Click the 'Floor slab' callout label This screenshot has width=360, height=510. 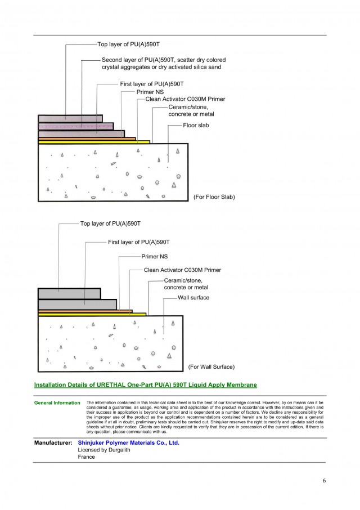[196, 125]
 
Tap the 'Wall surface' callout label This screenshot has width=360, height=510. [193, 297]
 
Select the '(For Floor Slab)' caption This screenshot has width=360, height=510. [214, 197]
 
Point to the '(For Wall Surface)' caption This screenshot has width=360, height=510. [211, 366]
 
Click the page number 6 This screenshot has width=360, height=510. [324, 480]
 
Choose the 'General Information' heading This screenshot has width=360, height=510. [57, 402]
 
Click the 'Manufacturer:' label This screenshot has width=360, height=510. [53, 442]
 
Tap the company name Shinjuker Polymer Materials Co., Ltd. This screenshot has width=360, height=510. [128, 442]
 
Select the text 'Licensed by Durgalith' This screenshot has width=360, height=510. [104, 450]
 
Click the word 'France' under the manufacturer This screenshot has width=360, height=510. [87, 457]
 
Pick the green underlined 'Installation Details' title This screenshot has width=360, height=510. [146, 385]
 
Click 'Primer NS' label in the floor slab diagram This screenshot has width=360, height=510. [150, 92]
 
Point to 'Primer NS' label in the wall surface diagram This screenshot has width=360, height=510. [154, 257]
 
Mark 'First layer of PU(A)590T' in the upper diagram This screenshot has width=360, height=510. [152, 84]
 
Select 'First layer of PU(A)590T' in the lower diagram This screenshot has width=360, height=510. [139, 242]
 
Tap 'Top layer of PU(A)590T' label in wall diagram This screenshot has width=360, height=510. [110, 223]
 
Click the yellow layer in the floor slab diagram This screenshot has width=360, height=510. [94, 142]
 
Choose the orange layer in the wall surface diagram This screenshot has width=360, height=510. [85, 311]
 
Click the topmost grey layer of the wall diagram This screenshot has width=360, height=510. [69, 294]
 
